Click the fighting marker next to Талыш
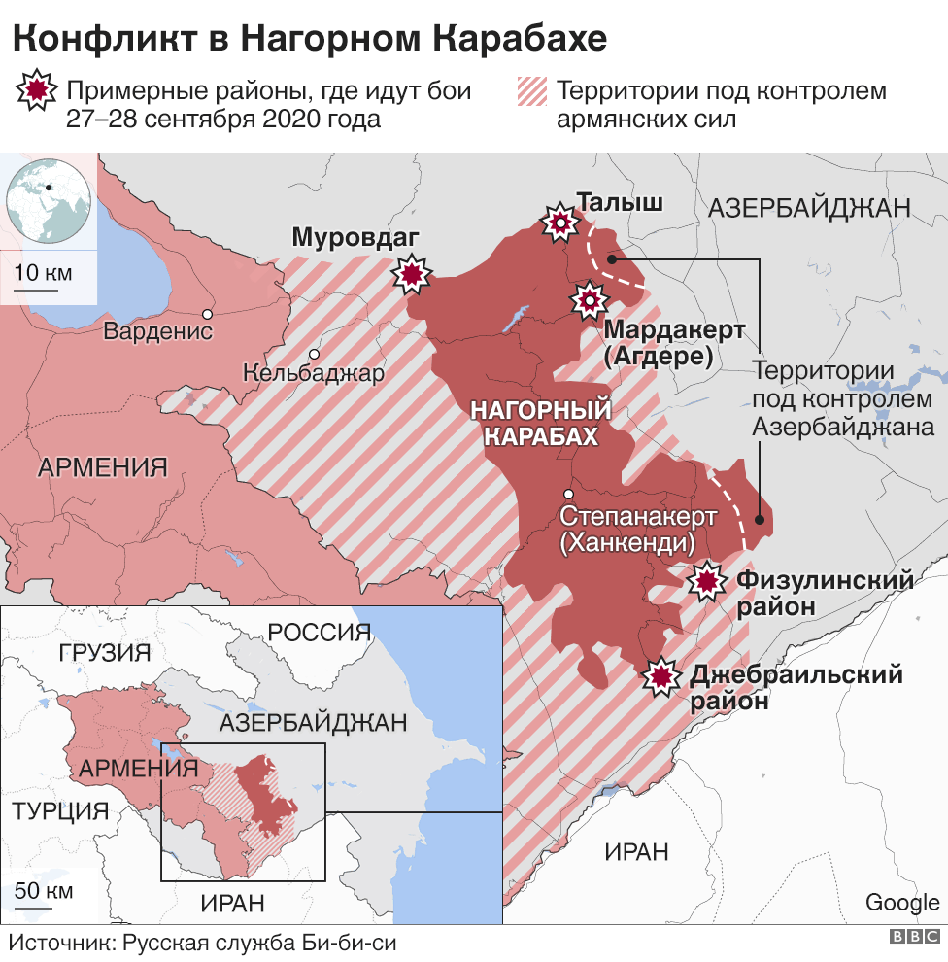[x=559, y=224]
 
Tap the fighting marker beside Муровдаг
[x=412, y=275]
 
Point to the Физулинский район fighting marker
[x=706, y=581]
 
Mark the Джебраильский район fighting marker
[x=662, y=676]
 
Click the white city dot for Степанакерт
[x=568, y=494]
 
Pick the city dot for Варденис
[x=207, y=314]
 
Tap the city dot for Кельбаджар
[x=314, y=355]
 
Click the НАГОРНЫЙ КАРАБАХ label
[x=541, y=424]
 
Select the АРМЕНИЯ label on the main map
[x=103, y=467]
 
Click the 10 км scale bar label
[x=45, y=272]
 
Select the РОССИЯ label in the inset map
[x=320, y=633]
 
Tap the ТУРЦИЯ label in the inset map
[x=59, y=810]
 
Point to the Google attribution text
[x=902, y=902]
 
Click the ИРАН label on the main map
[x=636, y=852]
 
